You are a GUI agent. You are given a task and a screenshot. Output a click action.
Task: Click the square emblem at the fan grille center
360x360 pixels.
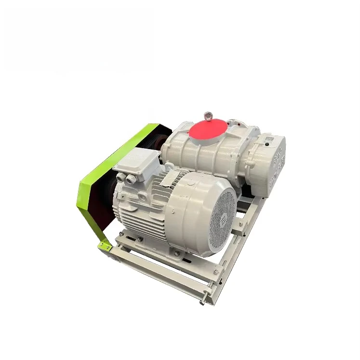pyautogui.click(x=222, y=215)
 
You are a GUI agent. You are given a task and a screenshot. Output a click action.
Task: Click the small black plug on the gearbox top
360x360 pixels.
pyautogui.click(x=265, y=142)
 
